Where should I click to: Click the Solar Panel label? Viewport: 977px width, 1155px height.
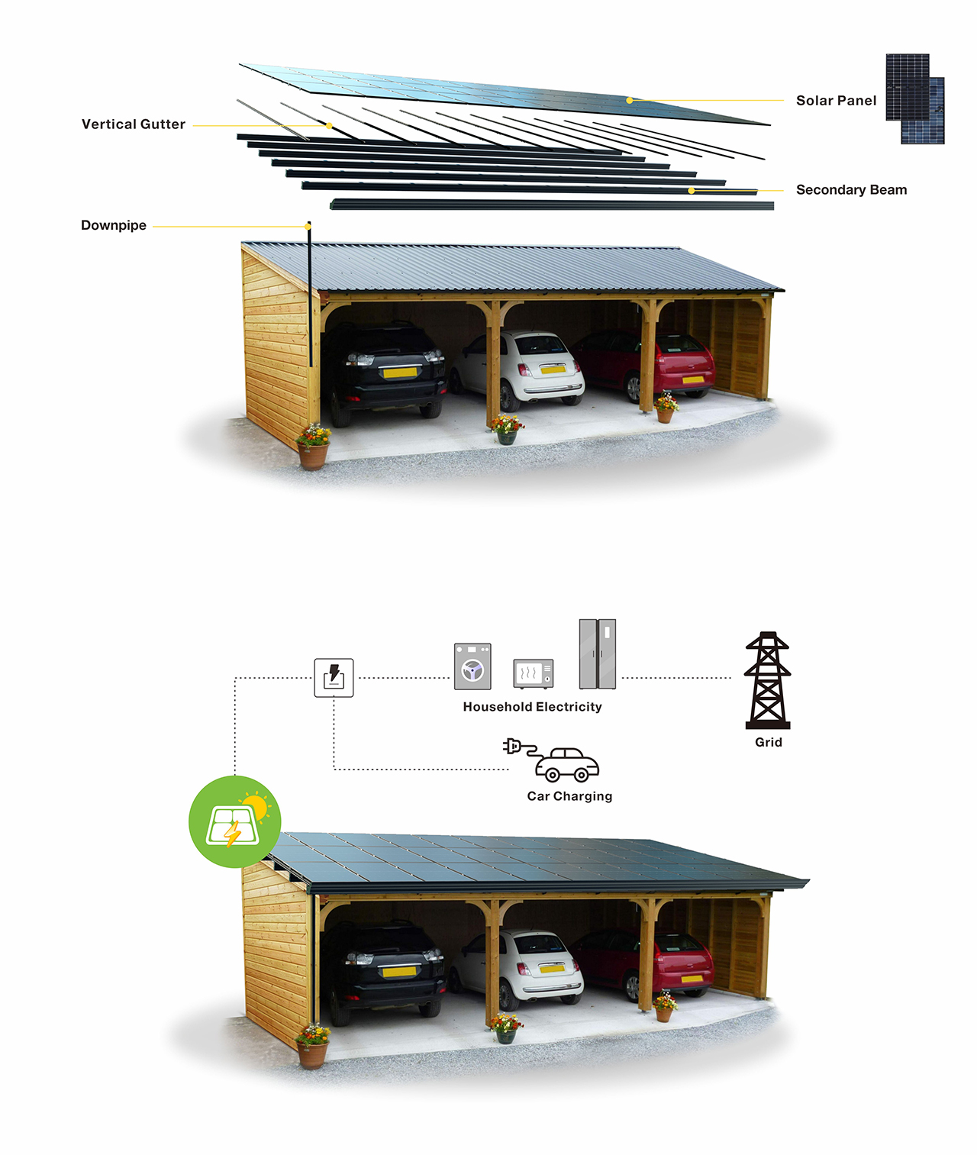point(836,101)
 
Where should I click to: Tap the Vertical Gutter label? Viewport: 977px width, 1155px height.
point(134,124)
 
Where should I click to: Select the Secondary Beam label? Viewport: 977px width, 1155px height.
point(851,190)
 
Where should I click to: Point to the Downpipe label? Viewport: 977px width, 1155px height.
point(114,226)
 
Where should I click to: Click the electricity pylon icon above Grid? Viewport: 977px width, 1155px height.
point(768,680)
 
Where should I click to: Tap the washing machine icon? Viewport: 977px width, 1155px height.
point(472,666)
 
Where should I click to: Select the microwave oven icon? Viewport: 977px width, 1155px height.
point(533,673)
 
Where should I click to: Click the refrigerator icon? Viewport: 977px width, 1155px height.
point(597,654)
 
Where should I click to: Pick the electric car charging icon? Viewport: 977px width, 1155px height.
point(553,760)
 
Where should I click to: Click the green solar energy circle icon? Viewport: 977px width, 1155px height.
point(235,821)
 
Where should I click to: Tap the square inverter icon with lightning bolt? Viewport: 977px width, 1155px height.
point(334,677)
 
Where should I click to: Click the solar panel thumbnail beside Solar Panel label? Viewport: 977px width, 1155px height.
point(914,98)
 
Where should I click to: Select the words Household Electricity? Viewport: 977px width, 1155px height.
point(532,708)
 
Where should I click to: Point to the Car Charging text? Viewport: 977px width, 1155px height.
point(569,796)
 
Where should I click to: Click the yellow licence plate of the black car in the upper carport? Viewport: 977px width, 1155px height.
point(400,373)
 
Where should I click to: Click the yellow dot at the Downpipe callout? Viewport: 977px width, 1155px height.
point(308,227)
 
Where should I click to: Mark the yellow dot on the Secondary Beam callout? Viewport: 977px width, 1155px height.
point(691,191)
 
